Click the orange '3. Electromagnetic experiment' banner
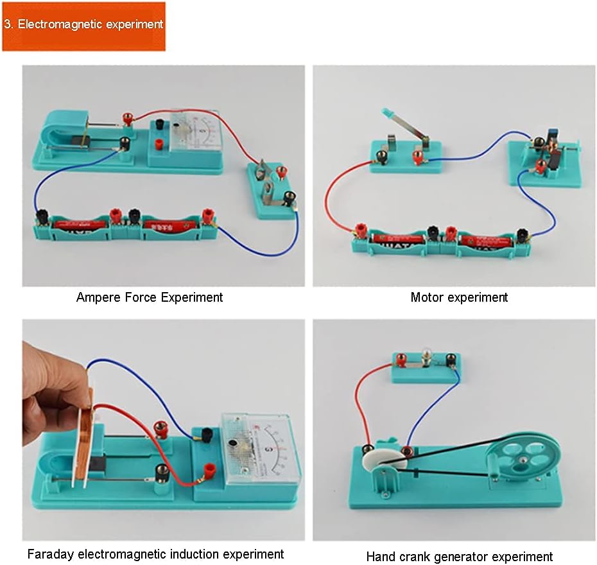83,26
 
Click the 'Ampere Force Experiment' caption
150,297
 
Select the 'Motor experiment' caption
459,297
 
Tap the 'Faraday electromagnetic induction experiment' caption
155,553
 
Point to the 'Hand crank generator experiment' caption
459,557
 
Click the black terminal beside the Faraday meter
207,435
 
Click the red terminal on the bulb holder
401,360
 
